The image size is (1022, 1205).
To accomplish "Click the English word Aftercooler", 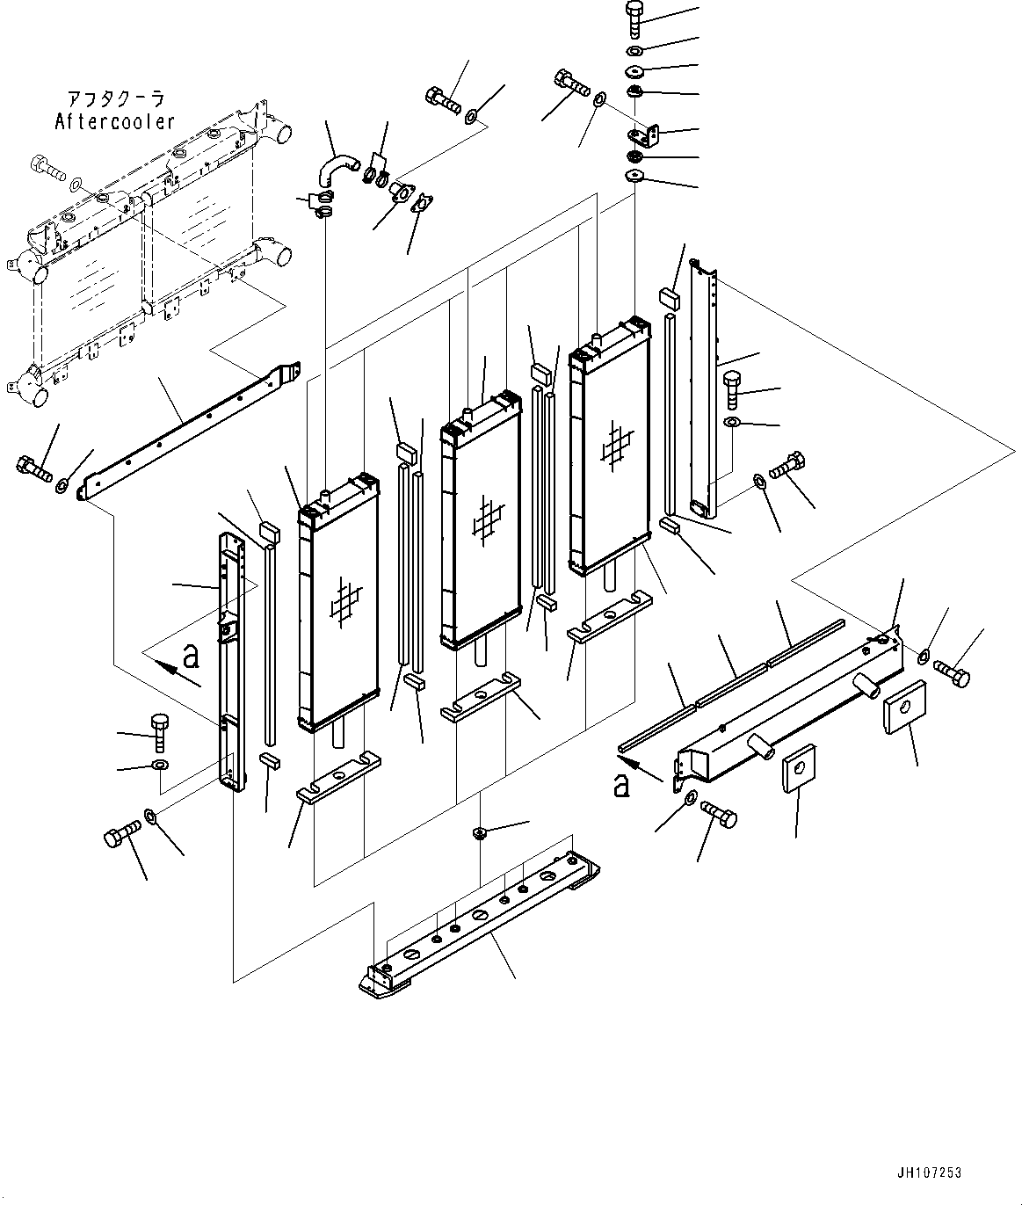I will (x=114, y=122).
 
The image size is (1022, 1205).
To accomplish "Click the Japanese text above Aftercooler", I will (x=115, y=99).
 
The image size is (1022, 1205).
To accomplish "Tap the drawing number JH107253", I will (x=930, y=1173).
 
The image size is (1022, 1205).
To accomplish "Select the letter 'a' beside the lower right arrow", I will (x=622, y=784).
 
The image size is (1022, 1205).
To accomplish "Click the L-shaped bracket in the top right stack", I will (x=646, y=134).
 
